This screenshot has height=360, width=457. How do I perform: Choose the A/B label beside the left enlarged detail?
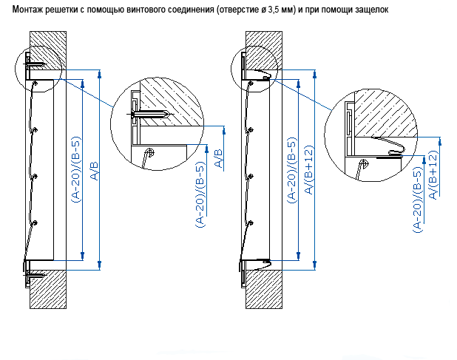click(x=219, y=160)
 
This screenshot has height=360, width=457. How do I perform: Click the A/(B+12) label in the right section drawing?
click(x=310, y=171)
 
